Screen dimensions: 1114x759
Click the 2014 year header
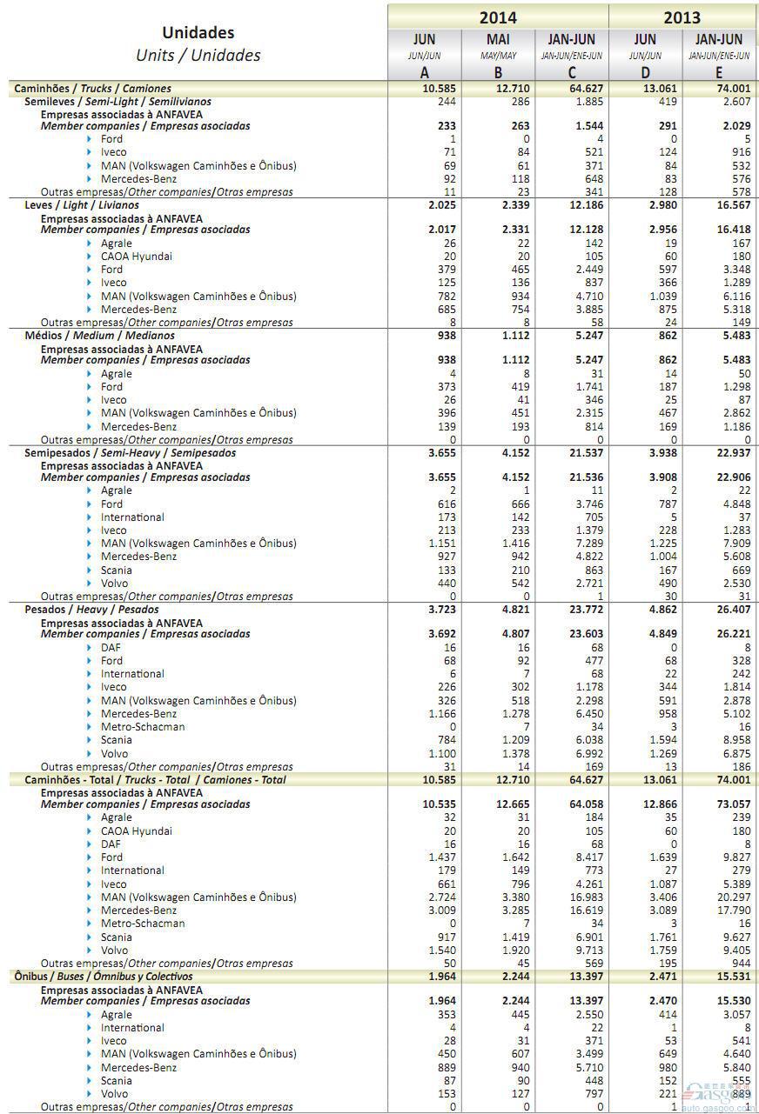497,17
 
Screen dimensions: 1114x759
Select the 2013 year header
682,17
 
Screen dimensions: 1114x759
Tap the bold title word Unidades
198,33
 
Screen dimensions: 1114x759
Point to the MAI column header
498,39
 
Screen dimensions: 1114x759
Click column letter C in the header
571,73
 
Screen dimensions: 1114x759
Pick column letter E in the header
718,73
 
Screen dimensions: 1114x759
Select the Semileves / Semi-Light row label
118,102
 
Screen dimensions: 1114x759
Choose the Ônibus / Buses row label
103,977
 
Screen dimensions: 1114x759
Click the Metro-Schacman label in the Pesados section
143,727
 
